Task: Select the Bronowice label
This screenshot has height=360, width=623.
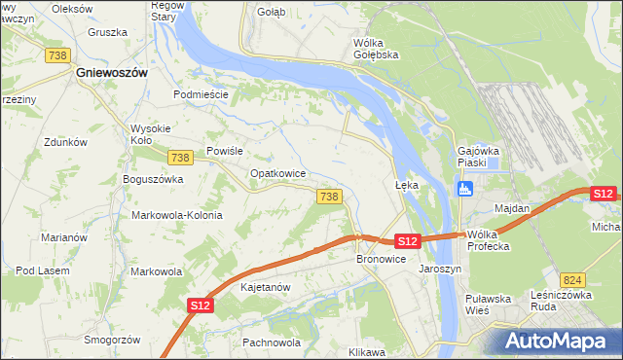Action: pos(381,260)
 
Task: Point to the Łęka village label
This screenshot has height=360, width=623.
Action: pos(406,183)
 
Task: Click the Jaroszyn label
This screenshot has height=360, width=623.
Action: pos(439,268)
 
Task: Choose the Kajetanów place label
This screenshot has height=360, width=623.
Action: pos(265,288)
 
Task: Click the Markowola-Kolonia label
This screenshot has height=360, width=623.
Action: pos(176,215)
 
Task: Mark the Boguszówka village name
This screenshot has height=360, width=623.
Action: pos(153,179)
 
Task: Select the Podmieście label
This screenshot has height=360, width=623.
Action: pos(201,94)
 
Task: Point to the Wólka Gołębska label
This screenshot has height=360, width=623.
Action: pos(376,49)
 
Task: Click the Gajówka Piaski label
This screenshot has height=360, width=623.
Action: pos(479,158)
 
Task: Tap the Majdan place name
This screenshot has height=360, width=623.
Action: pos(512,209)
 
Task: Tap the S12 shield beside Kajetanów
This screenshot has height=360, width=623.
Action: pos(200,306)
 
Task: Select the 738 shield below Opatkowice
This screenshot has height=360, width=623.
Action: pos(329,197)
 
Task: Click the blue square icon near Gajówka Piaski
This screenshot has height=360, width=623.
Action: pos(465,188)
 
